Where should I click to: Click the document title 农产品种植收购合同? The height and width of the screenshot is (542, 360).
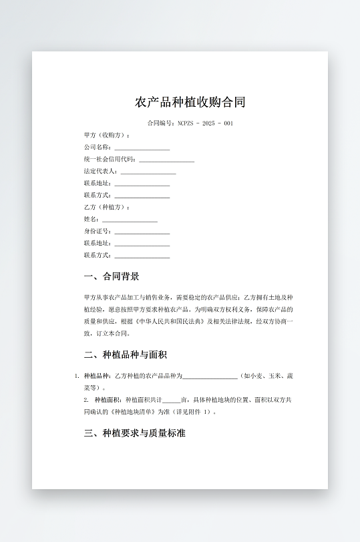pos(190,102)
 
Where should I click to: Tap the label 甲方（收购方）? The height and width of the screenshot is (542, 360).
pos(107,135)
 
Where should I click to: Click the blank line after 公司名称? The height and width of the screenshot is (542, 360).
pos(142,148)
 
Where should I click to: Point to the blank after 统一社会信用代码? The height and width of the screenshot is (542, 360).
pos(166,160)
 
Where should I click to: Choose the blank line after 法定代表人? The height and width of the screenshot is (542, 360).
pos(148,172)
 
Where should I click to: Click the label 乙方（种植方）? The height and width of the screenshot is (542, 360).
pos(107,208)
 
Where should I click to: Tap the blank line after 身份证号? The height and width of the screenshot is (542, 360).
pos(142,232)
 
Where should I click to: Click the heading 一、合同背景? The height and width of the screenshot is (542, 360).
pos(112,276)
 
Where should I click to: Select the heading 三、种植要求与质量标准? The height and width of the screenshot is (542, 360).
pos(134,433)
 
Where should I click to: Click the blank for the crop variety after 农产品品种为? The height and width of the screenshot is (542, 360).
pos(210,376)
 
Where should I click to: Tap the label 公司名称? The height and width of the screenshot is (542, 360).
pos(98,148)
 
